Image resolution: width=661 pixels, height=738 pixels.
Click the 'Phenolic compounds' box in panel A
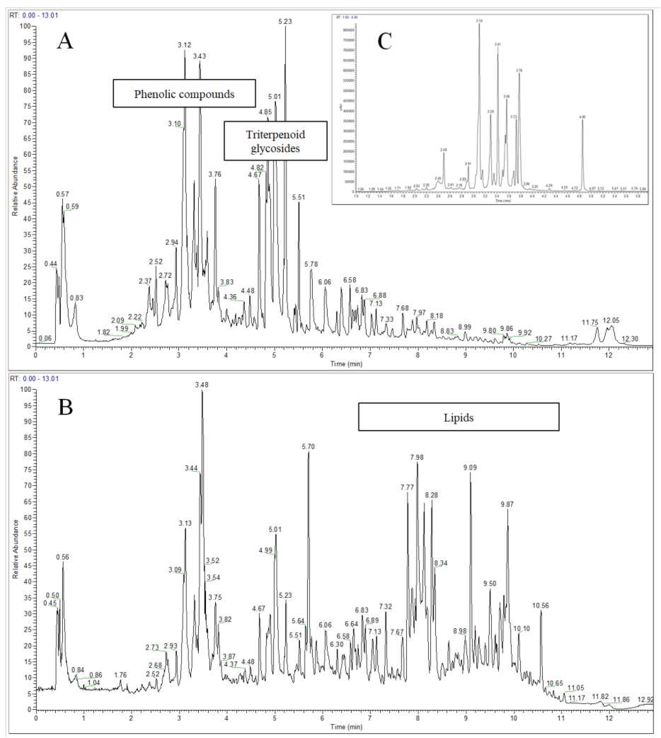coord(184,94)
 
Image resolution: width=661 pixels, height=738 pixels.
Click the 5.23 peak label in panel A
coord(285,21)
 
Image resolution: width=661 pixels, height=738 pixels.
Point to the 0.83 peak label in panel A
coord(77,298)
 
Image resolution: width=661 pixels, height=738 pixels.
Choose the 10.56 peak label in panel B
coord(540,605)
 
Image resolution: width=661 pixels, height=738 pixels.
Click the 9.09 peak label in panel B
coord(470,468)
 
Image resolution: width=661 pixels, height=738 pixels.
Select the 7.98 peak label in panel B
coord(417,457)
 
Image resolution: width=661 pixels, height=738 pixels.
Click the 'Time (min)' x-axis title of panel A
coord(346,364)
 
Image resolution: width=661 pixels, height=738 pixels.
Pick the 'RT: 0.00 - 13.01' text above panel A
coord(34,15)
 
